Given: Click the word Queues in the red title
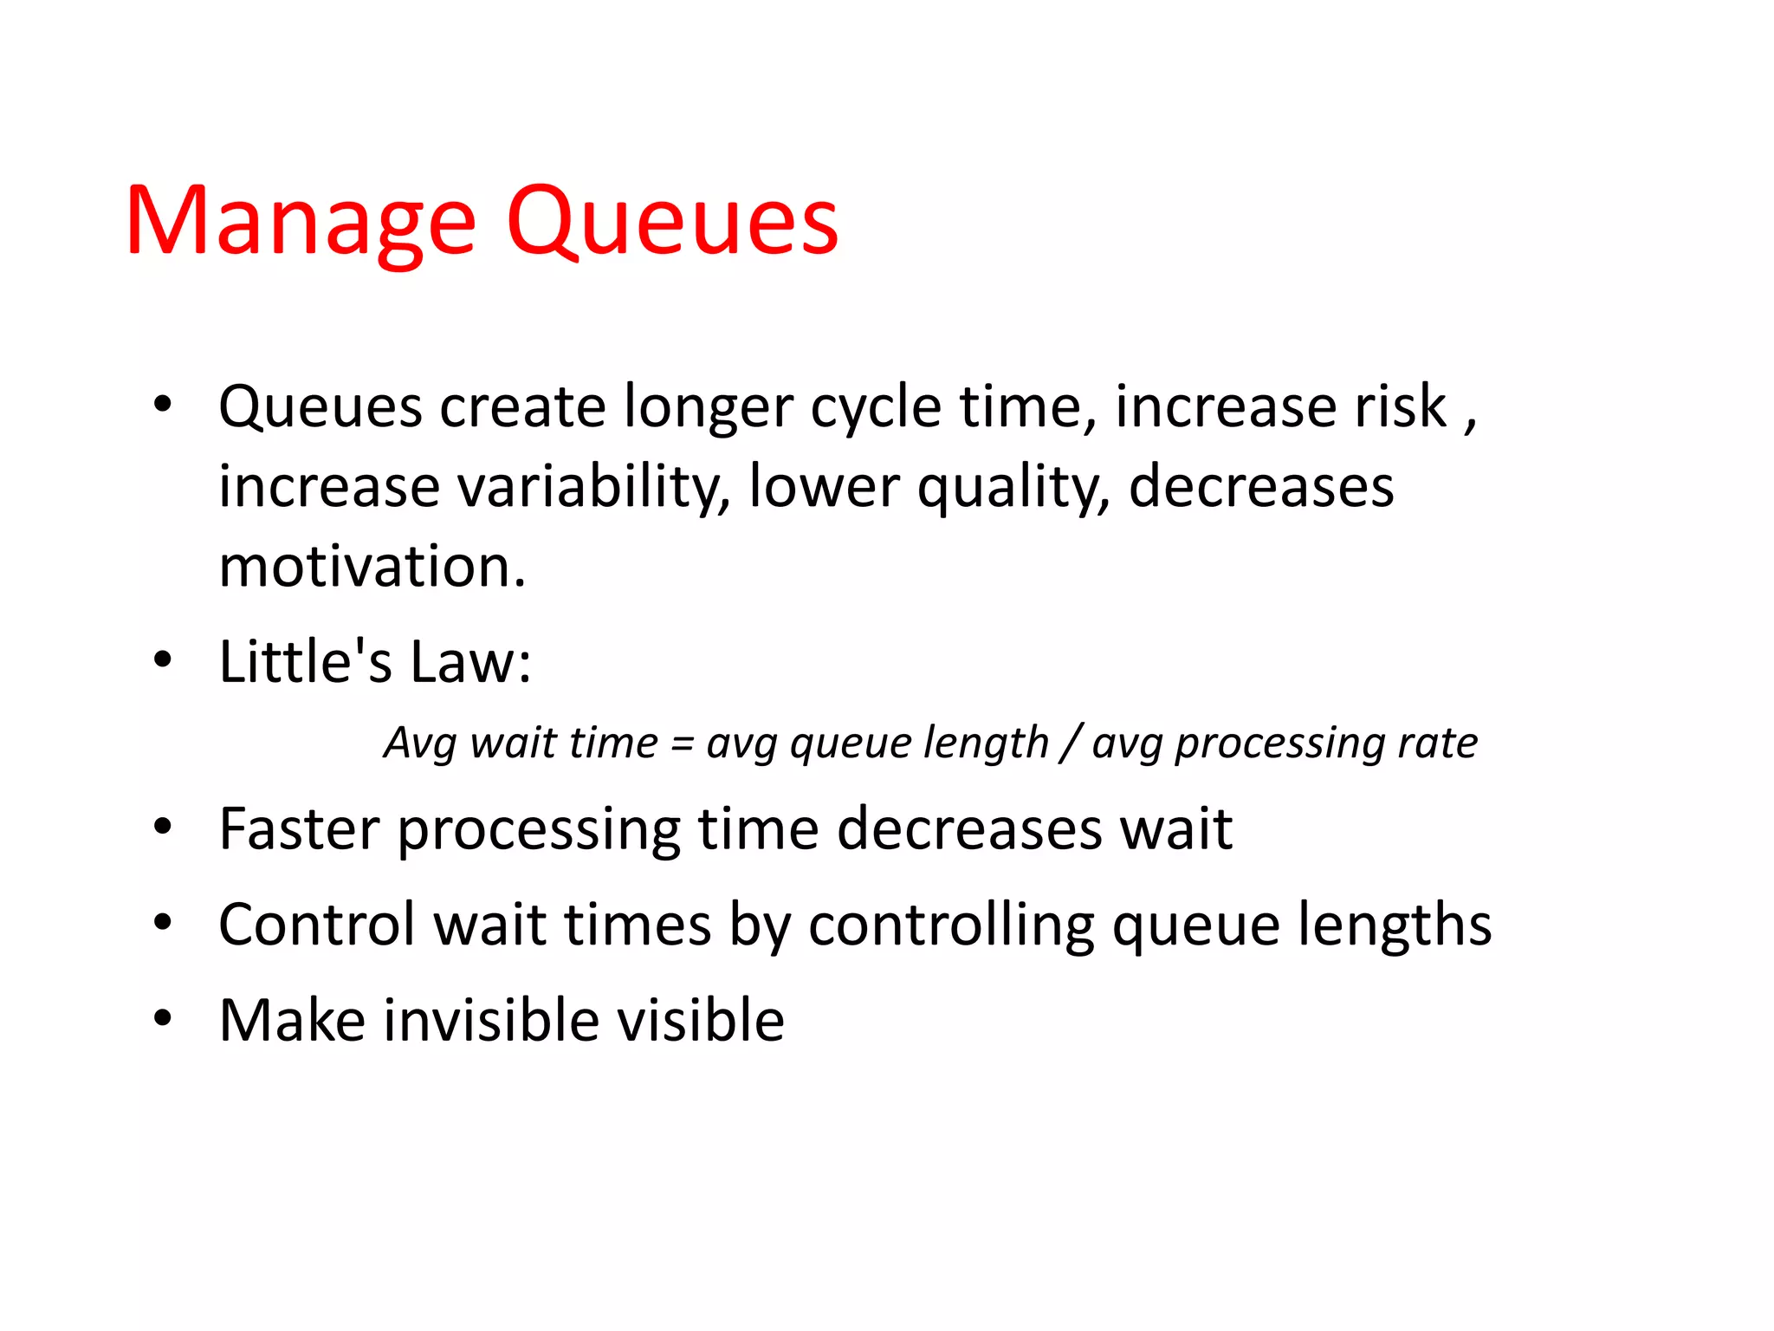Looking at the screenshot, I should [x=672, y=223].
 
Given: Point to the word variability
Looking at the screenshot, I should [x=593, y=487].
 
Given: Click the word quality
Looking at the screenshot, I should [x=1013, y=487].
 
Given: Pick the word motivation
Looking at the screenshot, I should [x=372, y=567].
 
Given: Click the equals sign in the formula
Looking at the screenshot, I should [x=683, y=744].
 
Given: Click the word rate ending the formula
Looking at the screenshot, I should [x=1437, y=743].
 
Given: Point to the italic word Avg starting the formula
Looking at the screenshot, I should [x=420, y=744].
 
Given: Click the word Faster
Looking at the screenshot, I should [x=299, y=829].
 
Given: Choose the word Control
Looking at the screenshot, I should [x=317, y=925].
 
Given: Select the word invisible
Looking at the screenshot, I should [x=491, y=1020].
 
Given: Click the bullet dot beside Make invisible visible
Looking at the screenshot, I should [x=163, y=1018].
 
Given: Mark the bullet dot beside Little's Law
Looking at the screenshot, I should [x=163, y=660].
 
